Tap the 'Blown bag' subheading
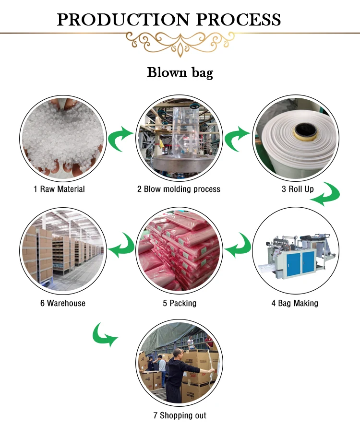click(180, 73)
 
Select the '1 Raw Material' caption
click(59, 189)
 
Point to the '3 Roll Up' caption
click(298, 189)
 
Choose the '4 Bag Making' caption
click(295, 303)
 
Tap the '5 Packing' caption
click(180, 303)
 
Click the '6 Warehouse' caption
click(63, 303)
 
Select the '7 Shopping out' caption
click(180, 415)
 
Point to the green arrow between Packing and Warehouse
click(120, 245)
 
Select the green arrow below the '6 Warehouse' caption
click(104, 334)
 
